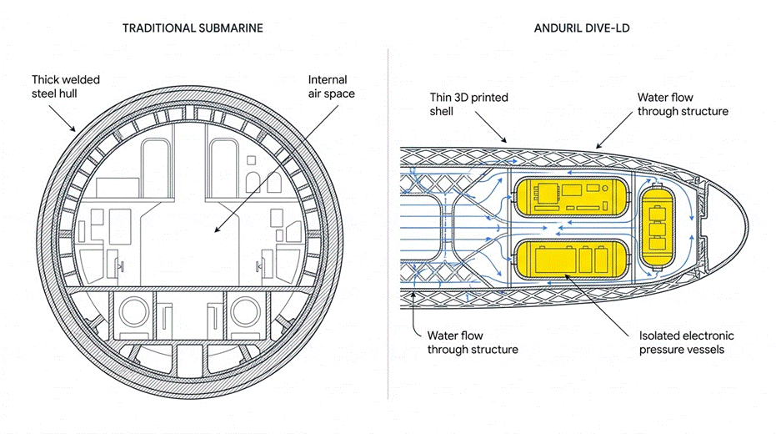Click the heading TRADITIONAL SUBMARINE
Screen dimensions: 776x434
pyautogui.click(x=193, y=28)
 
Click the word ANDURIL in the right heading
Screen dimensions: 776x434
pyautogui.click(x=556, y=28)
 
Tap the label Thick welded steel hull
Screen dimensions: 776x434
pyautogui.click(x=66, y=87)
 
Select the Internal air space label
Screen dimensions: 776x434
pyautogui.click(x=331, y=87)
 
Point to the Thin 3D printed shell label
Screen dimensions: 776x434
pyautogui.click(x=468, y=104)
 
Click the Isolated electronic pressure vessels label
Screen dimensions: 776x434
pyautogui.click(x=686, y=342)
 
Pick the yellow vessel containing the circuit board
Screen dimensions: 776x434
pyautogui.click(x=572, y=197)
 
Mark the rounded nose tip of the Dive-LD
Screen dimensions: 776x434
pyautogui.click(x=748, y=227)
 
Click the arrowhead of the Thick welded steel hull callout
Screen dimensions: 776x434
pyautogui.click(x=73, y=129)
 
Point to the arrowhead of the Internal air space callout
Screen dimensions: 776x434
pyautogui.click(x=216, y=230)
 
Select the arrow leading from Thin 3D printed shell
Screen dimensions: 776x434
pyautogui.click(x=491, y=127)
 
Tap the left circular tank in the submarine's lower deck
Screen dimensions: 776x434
pyautogui.click(x=133, y=312)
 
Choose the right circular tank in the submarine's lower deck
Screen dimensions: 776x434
pyautogui.click(x=245, y=312)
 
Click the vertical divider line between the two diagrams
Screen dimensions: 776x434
pyautogui.click(x=388, y=224)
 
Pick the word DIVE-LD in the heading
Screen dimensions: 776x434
pyautogui.click(x=606, y=28)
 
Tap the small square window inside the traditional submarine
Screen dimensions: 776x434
pyautogui.click(x=252, y=160)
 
